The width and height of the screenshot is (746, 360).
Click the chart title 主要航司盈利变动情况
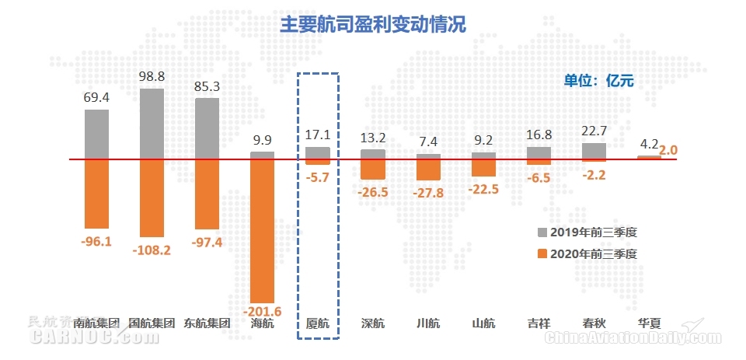373,24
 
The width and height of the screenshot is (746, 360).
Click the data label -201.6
263,312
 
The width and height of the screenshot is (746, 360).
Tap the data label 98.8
152,77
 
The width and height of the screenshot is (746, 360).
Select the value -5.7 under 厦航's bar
318,177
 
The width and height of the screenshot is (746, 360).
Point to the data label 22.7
594,131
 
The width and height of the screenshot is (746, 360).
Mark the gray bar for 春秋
594,151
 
